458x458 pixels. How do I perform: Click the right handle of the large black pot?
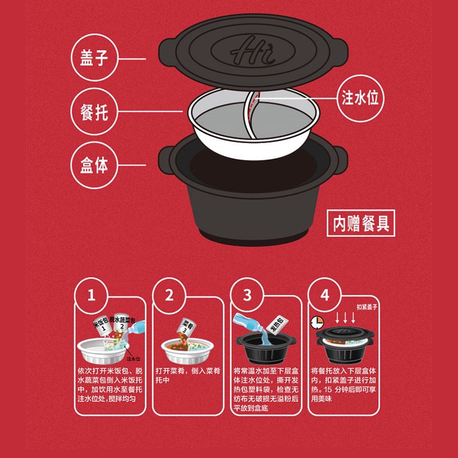coord(340,157)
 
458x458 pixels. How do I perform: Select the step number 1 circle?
coord(90,295)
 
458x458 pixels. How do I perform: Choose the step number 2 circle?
coord(169,295)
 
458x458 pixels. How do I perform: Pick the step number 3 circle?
coord(247,295)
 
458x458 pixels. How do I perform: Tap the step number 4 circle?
coord(325,295)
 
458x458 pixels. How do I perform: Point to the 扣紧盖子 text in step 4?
coord(368,307)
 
